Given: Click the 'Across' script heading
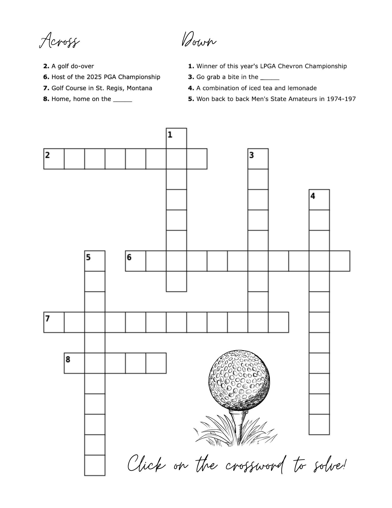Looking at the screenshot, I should pos(59,40).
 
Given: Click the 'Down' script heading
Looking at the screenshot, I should pos(199,40).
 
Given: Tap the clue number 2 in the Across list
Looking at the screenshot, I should pos(46,66).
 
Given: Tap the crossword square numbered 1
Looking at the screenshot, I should pos(176,138).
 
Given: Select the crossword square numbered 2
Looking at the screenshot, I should pos(54,159).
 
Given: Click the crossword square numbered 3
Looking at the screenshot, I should pos(258,159).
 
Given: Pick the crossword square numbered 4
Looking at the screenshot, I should pos(319,200).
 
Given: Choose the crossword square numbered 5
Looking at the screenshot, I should pos(95,261).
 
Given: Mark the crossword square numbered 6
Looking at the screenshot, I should pos(135,261).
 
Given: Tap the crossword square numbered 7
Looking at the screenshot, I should pos(54,322).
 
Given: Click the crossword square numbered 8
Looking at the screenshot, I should pos(74,363).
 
